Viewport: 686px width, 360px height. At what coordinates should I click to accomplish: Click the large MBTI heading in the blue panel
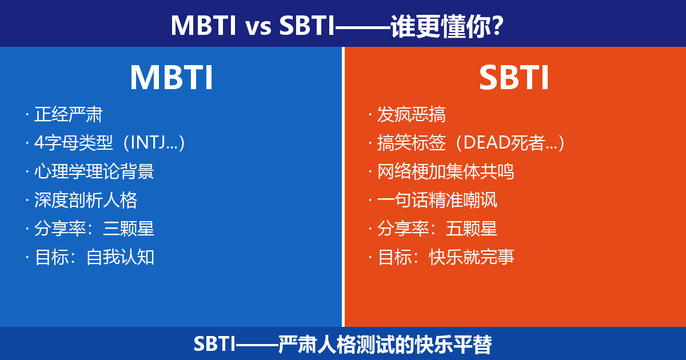(171, 78)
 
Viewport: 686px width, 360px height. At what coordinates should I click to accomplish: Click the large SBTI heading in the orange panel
(514, 78)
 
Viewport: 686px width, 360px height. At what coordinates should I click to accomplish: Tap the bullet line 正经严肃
(68, 114)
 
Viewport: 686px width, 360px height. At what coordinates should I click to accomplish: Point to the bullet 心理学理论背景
(94, 171)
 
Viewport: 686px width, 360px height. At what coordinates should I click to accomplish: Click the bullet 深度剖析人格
(85, 200)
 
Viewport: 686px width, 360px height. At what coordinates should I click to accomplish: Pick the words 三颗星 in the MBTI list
(128, 229)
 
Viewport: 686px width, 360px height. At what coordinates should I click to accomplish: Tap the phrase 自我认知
(120, 257)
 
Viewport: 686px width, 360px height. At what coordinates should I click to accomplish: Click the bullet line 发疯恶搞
(411, 114)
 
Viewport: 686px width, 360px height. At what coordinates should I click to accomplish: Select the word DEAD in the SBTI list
(486, 143)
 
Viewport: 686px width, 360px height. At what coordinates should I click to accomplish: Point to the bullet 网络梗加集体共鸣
(445, 171)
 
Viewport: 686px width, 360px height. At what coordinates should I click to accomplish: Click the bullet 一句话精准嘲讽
(437, 200)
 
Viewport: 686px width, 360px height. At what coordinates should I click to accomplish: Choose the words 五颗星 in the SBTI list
(471, 229)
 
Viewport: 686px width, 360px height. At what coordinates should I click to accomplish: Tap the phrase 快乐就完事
(472, 257)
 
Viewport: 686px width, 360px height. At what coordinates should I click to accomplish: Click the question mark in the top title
(497, 26)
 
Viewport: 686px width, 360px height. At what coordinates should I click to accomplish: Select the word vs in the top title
(258, 27)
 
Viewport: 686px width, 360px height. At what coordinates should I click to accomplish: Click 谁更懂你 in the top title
(440, 26)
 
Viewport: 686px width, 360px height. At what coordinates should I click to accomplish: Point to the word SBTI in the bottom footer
(214, 344)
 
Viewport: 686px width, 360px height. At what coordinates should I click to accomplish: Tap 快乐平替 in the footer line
(453, 344)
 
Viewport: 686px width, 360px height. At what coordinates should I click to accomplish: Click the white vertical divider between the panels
(344, 187)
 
